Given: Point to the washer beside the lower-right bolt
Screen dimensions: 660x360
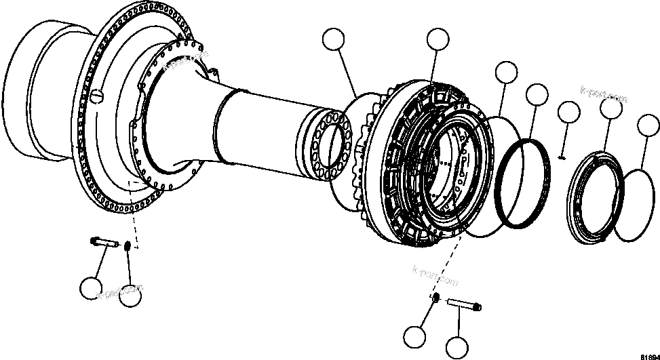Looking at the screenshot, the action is click(435, 298).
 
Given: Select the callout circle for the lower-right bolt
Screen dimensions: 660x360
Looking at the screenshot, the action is click(457, 347).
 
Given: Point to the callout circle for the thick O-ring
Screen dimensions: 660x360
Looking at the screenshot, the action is click(537, 95).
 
